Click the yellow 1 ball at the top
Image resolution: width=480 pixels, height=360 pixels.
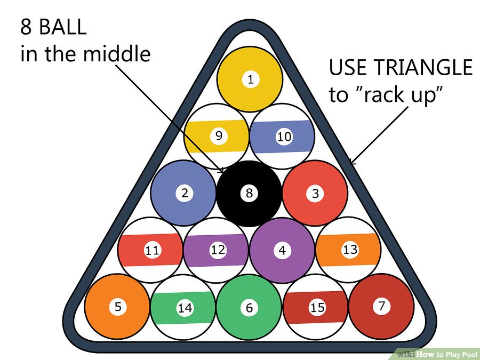250,80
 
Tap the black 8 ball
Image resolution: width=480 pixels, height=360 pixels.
249,193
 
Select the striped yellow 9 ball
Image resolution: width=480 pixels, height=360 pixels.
217,135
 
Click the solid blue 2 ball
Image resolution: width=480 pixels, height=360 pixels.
183,193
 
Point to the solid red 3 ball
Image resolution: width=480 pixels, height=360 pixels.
315,193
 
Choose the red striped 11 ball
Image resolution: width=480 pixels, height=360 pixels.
151,250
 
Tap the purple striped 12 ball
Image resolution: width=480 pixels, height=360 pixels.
217,250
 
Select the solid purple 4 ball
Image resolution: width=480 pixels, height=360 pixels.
282,250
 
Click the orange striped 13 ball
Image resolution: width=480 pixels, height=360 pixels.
348,249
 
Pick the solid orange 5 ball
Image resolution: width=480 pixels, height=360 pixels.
117,307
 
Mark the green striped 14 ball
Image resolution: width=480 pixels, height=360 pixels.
183,308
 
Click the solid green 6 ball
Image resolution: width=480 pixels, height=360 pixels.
249,307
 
